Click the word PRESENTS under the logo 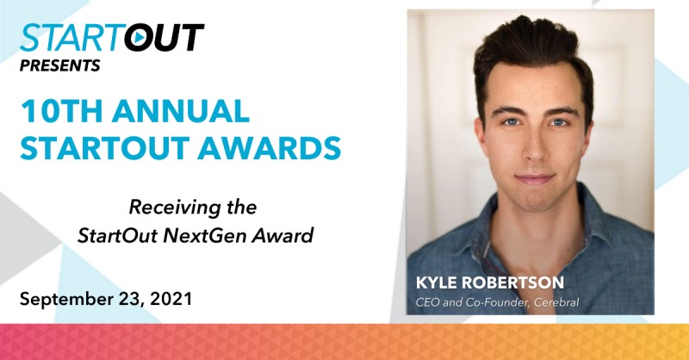[60, 65]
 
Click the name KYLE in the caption [435, 281]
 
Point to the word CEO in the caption [426, 300]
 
